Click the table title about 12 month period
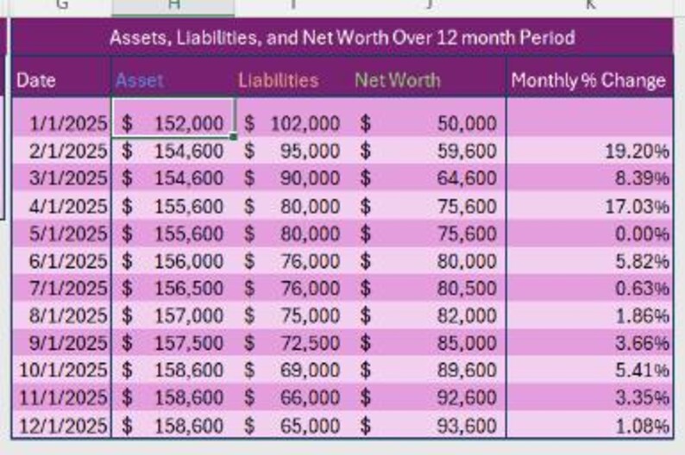click(342, 38)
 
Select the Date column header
click(36, 81)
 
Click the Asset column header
click(139, 81)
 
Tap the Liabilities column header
click(278, 81)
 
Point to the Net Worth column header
click(397, 81)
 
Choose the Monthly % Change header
click(588, 81)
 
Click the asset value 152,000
click(188, 123)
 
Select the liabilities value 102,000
click(305, 123)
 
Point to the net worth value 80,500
click(467, 289)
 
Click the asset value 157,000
click(188, 316)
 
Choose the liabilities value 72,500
click(310, 343)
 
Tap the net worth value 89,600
click(467, 371)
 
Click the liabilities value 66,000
click(310, 398)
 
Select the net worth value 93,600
click(467, 426)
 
